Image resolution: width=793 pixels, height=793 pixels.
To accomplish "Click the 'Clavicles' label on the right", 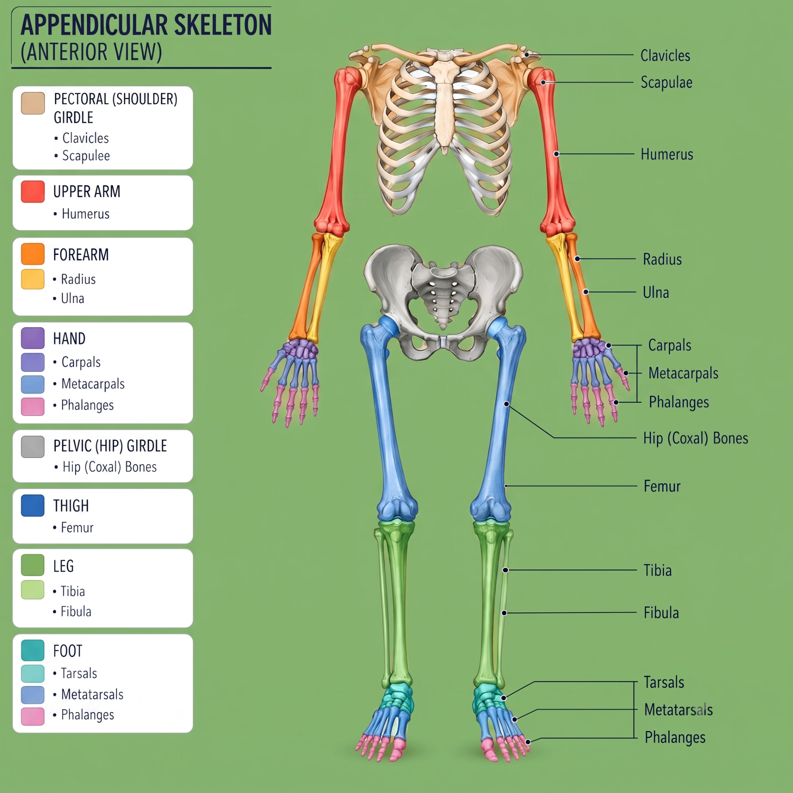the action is [665, 56].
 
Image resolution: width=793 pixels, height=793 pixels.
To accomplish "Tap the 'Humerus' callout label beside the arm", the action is [667, 154].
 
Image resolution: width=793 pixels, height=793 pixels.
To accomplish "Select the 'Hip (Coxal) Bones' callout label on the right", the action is [696, 438].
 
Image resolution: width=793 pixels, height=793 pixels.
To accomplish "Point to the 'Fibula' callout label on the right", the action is [661, 613].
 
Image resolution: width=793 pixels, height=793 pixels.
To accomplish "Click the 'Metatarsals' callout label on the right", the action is [679, 710].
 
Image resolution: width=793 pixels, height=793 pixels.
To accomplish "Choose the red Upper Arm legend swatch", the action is [33, 192].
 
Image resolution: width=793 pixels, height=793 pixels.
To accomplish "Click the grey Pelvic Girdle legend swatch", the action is [33, 447].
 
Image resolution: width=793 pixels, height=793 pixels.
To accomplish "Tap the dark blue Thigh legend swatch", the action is [33, 506].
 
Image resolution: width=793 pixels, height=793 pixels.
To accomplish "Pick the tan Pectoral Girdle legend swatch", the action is [33, 103].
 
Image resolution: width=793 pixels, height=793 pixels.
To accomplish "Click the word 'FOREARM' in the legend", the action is [81, 255].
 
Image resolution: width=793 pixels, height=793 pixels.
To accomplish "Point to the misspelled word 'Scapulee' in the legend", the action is [86, 156].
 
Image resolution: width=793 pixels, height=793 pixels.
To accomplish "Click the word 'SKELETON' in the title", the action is [223, 25].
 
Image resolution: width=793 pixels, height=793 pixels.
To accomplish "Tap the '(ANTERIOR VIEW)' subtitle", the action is [91, 52].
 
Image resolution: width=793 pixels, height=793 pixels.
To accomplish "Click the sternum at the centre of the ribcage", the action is [445, 103].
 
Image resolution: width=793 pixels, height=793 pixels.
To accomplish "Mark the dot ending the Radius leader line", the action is [577, 259].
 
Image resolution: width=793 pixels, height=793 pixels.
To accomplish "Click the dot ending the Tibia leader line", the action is [505, 570].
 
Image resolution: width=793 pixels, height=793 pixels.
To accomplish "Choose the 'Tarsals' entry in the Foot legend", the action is [79, 674].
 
